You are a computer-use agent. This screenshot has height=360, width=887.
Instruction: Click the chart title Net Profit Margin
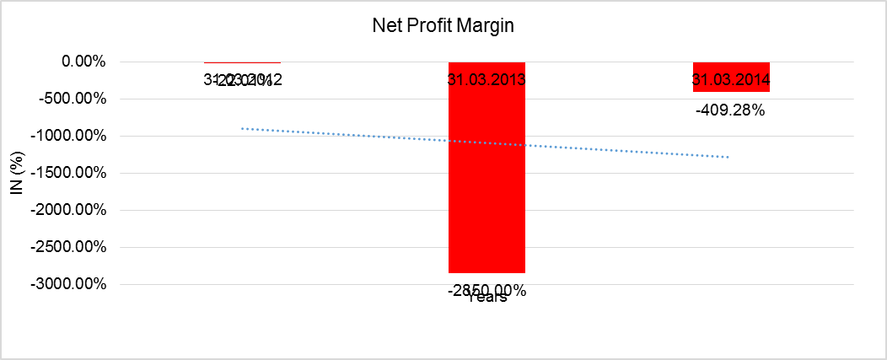(x=443, y=25)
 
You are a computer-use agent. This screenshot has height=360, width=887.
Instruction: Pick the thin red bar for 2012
(x=242, y=62)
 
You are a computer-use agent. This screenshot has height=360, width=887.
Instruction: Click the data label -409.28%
(x=730, y=110)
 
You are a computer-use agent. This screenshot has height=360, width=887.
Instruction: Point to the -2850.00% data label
(x=487, y=291)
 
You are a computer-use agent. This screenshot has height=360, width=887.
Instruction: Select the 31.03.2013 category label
(x=487, y=81)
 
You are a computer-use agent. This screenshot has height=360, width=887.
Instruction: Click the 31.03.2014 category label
(x=731, y=81)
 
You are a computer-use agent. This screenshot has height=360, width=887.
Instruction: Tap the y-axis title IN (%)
(x=16, y=173)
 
